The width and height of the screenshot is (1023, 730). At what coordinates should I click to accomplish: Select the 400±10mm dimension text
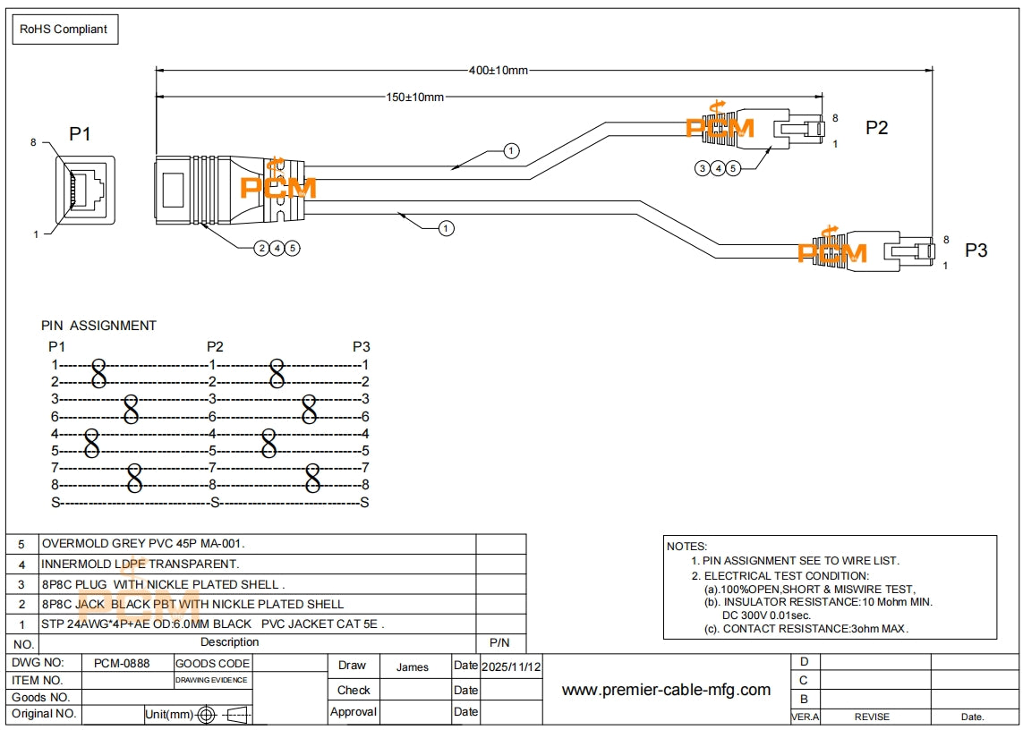(499, 70)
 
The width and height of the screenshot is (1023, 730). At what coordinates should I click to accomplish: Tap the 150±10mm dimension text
(415, 97)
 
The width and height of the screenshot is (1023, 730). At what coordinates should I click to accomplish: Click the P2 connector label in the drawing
(876, 128)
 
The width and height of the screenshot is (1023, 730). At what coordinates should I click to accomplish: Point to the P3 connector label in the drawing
(976, 250)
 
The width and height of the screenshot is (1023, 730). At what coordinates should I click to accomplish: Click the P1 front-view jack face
(86, 189)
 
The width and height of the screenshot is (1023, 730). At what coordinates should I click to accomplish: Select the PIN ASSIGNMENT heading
(98, 326)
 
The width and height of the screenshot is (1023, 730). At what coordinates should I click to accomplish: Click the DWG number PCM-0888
(122, 664)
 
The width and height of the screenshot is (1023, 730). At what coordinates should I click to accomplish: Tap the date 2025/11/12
(511, 666)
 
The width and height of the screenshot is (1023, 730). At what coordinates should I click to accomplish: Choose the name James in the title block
(412, 666)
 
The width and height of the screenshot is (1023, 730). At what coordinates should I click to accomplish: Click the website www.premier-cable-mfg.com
(666, 690)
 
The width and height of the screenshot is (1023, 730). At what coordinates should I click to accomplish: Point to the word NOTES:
(686, 546)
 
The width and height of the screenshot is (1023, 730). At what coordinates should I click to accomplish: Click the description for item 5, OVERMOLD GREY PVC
(143, 544)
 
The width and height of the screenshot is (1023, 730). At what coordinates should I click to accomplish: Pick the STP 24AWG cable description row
(213, 624)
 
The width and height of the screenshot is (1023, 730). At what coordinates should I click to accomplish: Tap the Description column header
(229, 642)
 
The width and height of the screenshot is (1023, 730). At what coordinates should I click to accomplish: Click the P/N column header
(499, 642)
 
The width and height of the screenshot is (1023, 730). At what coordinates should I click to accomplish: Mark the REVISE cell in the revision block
(872, 717)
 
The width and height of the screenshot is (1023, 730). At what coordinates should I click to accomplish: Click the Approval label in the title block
(353, 712)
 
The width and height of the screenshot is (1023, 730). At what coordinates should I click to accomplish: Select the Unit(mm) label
(169, 715)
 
